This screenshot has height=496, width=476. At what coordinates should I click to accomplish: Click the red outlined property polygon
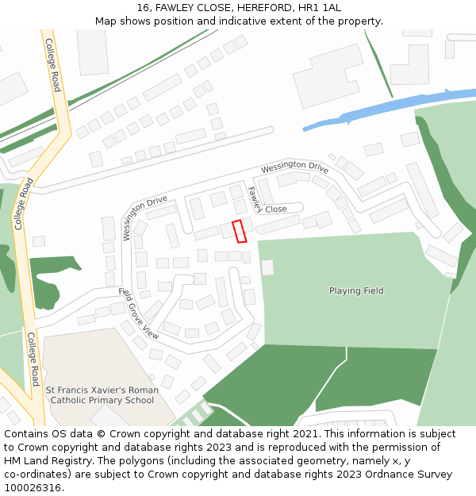239,231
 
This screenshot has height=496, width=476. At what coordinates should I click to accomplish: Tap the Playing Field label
356,291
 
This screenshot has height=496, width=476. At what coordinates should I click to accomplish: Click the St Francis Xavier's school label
102,395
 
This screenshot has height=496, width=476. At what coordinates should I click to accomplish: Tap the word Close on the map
275,210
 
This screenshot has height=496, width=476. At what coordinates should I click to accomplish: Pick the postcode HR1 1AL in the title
322,8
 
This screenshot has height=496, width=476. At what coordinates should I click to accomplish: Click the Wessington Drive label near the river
294,167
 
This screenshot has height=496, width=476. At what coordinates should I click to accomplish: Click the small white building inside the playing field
267,267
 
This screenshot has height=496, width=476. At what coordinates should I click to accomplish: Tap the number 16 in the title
143,8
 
